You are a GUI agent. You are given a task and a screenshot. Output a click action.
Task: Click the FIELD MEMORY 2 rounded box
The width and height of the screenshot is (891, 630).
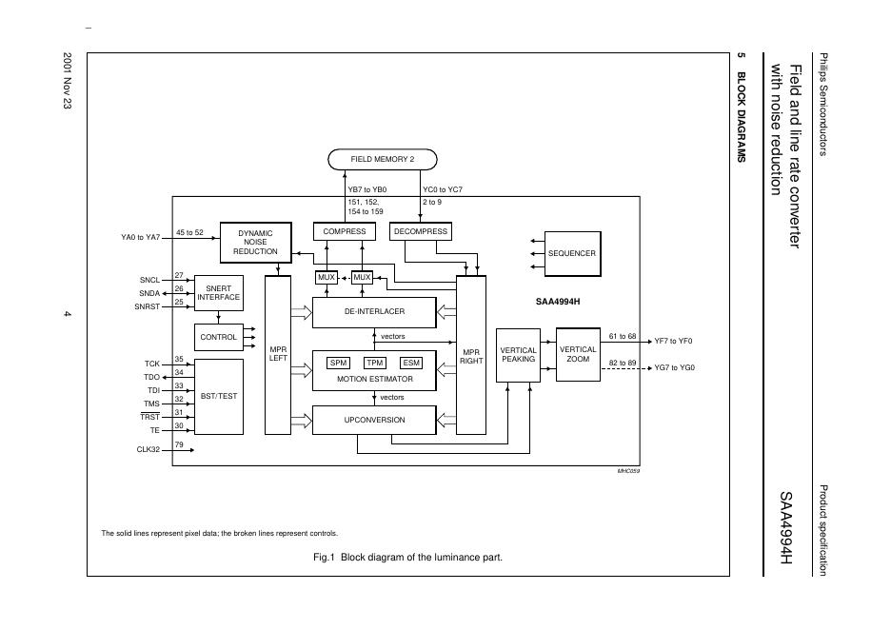382,159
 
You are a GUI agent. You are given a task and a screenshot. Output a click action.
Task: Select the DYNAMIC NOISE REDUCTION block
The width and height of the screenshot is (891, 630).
255,242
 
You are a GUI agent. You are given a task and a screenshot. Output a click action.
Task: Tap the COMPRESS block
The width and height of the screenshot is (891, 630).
344,231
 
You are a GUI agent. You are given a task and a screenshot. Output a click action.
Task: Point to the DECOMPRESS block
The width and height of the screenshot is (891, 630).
421,231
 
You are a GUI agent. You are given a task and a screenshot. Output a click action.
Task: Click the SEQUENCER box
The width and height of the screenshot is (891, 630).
571,253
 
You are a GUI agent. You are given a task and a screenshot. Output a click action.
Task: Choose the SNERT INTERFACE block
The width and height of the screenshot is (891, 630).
219,292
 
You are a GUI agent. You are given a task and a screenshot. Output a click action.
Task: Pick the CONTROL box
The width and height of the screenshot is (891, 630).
218,337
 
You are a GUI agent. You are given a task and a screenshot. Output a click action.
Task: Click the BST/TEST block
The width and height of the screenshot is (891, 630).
218,396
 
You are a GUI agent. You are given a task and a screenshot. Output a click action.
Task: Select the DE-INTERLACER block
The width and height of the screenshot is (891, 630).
374,311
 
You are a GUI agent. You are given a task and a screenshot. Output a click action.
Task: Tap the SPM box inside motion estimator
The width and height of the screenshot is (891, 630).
339,363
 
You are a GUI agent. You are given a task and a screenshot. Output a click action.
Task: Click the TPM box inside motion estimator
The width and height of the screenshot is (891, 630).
375,363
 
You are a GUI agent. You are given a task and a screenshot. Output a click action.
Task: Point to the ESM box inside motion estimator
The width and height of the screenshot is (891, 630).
411,363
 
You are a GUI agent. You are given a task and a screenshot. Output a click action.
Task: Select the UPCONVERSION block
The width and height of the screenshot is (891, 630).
374,420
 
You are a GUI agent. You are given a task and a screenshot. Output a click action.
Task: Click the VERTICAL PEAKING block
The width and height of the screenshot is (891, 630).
518,354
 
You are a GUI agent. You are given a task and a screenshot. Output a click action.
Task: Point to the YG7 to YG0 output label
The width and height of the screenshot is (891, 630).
674,367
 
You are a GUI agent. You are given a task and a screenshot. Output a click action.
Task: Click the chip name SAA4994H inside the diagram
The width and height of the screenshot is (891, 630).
558,302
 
